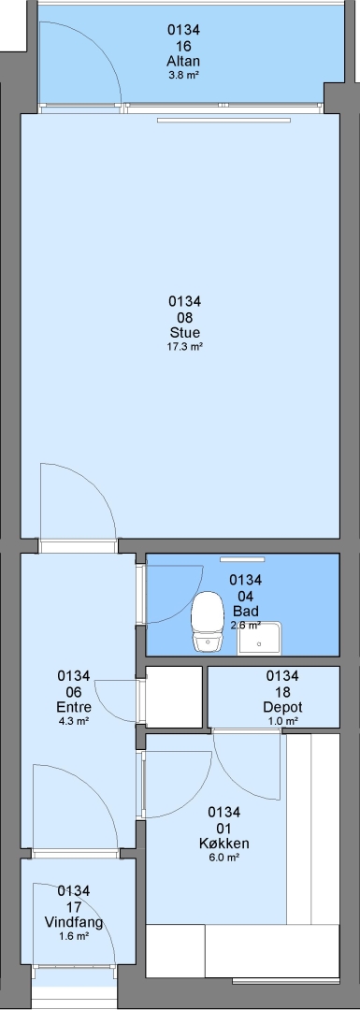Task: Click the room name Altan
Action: coord(183,62)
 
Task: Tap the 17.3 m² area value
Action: coord(185,347)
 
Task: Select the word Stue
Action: coord(185,333)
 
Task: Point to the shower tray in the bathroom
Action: coord(260,638)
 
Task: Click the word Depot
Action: coord(282,707)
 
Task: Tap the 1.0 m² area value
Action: coord(282,721)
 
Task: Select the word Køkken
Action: coord(224,844)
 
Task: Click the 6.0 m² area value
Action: coord(224,858)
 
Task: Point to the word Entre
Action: coord(74,707)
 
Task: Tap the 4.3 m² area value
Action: coord(74,721)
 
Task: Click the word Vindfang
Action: coord(74,922)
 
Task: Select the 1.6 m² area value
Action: coord(74,936)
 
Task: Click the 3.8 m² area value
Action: coord(183,75)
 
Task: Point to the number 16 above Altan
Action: coord(183,46)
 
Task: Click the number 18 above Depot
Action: coord(282,691)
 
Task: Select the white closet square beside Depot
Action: coord(175,697)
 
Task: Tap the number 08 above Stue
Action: coord(185,318)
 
